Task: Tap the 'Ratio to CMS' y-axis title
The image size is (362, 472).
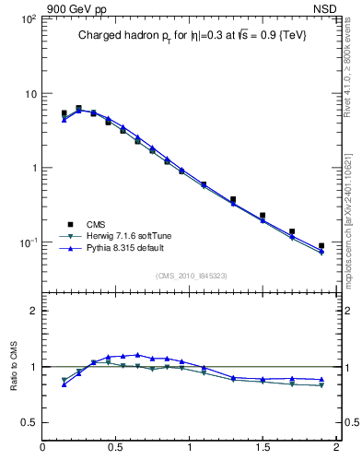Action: pos(14,363)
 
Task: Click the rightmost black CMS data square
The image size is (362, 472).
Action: pos(321,246)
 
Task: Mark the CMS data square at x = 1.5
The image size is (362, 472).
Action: pos(263,216)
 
